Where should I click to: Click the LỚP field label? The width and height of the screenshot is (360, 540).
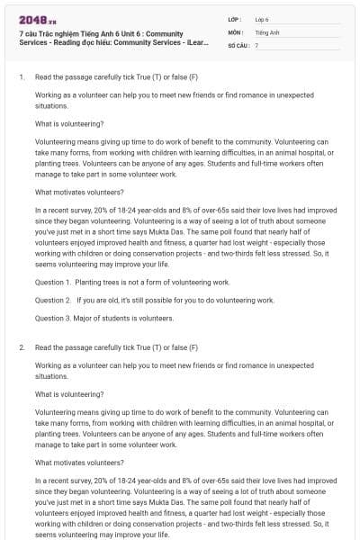click(235, 19)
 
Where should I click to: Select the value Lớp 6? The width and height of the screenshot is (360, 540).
click(262, 19)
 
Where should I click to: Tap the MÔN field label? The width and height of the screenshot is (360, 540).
click(236, 31)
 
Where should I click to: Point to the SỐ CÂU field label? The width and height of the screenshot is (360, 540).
click(238, 44)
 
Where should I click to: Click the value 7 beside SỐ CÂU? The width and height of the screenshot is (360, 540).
click(256, 44)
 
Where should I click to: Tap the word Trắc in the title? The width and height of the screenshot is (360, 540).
click(48, 33)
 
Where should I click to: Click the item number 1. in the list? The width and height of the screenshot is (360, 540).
click(22, 76)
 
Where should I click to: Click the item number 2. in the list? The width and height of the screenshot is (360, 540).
click(22, 346)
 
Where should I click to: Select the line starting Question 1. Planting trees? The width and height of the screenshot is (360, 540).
click(132, 283)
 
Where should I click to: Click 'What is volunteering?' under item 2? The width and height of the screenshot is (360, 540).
click(69, 393)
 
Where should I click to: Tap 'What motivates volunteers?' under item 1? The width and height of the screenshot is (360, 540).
click(79, 192)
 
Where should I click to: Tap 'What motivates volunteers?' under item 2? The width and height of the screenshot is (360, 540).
click(79, 463)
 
